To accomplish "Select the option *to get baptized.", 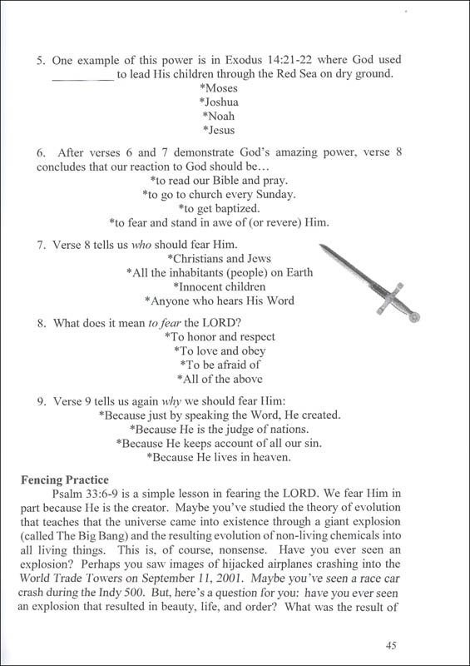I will [220, 208].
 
